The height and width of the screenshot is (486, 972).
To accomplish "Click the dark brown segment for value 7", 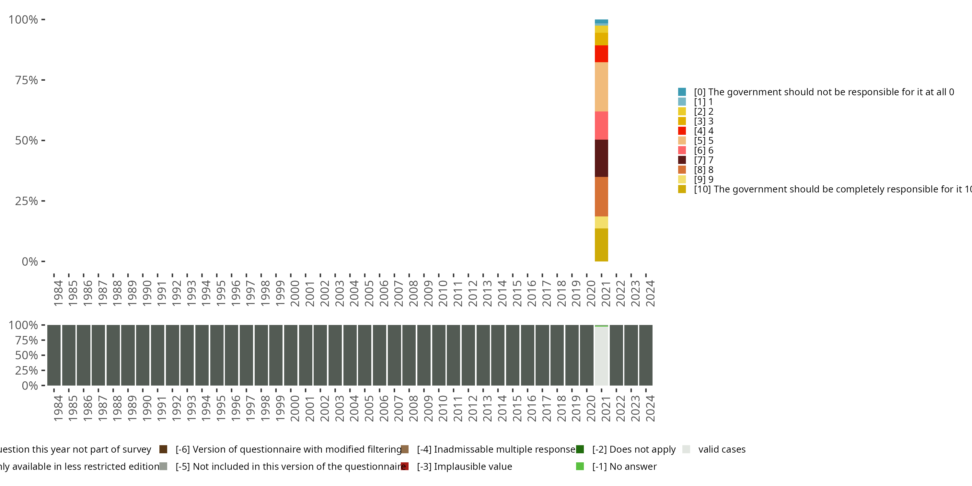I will [x=601, y=158].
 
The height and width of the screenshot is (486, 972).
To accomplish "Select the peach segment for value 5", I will [x=601, y=87].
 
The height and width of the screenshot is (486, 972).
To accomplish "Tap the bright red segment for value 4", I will [x=601, y=53].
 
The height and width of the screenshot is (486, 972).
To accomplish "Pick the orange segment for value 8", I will [x=601, y=197].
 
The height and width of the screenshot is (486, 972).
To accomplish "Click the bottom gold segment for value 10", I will [x=601, y=245].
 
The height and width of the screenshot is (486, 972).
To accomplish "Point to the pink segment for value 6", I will [x=601, y=126].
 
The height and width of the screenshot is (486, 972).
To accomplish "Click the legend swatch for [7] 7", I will [x=681, y=160].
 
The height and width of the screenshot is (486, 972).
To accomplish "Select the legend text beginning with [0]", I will [x=824, y=92].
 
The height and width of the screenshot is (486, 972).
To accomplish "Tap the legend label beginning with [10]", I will [x=827, y=189].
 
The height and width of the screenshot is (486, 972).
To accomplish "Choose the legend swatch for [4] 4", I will [x=681, y=131].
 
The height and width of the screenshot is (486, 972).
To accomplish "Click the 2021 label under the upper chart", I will [x=605, y=293].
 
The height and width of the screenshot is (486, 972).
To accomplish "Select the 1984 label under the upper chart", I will [x=58, y=293].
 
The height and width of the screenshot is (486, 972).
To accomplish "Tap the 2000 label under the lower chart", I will [x=295, y=408].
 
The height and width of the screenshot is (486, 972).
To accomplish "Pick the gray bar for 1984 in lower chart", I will [x=54, y=355].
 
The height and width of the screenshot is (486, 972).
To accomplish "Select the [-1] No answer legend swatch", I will [x=580, y=466].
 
